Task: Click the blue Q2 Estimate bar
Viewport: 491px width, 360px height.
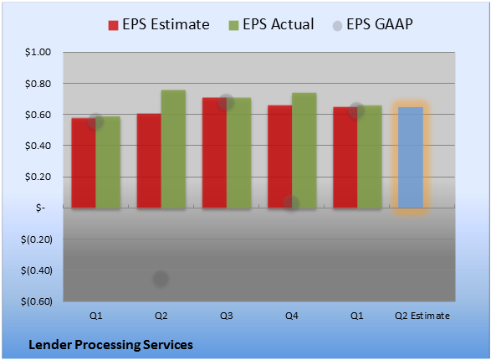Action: (x=411, y=157)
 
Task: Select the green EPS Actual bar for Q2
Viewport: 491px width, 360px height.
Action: (x=173, y=149)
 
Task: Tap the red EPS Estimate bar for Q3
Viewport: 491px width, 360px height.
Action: (x=214, y=152)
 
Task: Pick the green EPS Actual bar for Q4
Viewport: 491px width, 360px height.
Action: (x=304, y=151)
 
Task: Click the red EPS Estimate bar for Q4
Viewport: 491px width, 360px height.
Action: (x=280, y=157)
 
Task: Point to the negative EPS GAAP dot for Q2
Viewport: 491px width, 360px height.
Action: (x=161, y=278)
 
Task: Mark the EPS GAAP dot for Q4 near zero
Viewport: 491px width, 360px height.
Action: (x=292, y=203)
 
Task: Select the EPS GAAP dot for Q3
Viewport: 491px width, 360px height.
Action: (x=226, y=102)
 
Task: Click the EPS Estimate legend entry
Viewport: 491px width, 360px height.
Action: (x=159, y=24)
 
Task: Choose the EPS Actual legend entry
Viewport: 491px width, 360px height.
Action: (x=272, y=24)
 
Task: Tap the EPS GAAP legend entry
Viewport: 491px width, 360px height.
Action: (x=372, y=24)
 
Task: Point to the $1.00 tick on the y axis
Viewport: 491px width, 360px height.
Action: (x=38, y=52)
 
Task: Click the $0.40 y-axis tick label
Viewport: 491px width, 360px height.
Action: (x=38, y=146)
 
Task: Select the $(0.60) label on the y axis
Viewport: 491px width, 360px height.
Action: (x=37, y=301)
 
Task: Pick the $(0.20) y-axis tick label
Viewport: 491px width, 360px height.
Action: (x=37, y=239)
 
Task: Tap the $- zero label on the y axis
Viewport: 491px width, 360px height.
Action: (x=40, y=208)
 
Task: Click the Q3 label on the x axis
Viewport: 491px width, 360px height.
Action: (x=227, y=316)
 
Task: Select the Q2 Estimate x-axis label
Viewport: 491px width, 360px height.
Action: (x=422, y=316)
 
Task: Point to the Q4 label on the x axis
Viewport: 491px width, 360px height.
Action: (x=292, y=316)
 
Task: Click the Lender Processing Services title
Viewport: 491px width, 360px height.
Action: (x=111, y=345)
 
